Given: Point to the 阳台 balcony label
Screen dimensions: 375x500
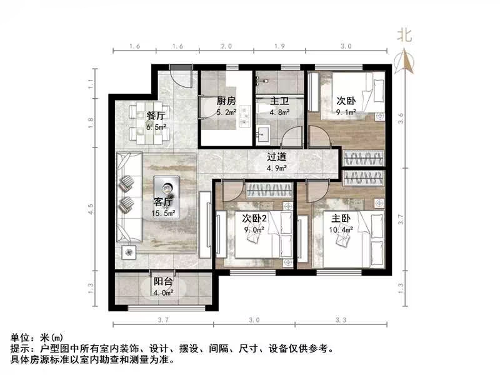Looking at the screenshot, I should point(164,281).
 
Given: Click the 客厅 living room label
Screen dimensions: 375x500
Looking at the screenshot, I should point(164,202).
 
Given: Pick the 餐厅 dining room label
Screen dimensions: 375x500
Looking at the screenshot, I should point(156,116).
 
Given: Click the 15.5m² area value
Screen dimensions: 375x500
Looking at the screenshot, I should point(164,213).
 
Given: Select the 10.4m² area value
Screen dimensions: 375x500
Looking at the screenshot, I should point(341,229).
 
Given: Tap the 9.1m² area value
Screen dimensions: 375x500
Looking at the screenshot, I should point(346,112).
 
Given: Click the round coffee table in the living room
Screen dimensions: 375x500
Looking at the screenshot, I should point(168,187).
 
